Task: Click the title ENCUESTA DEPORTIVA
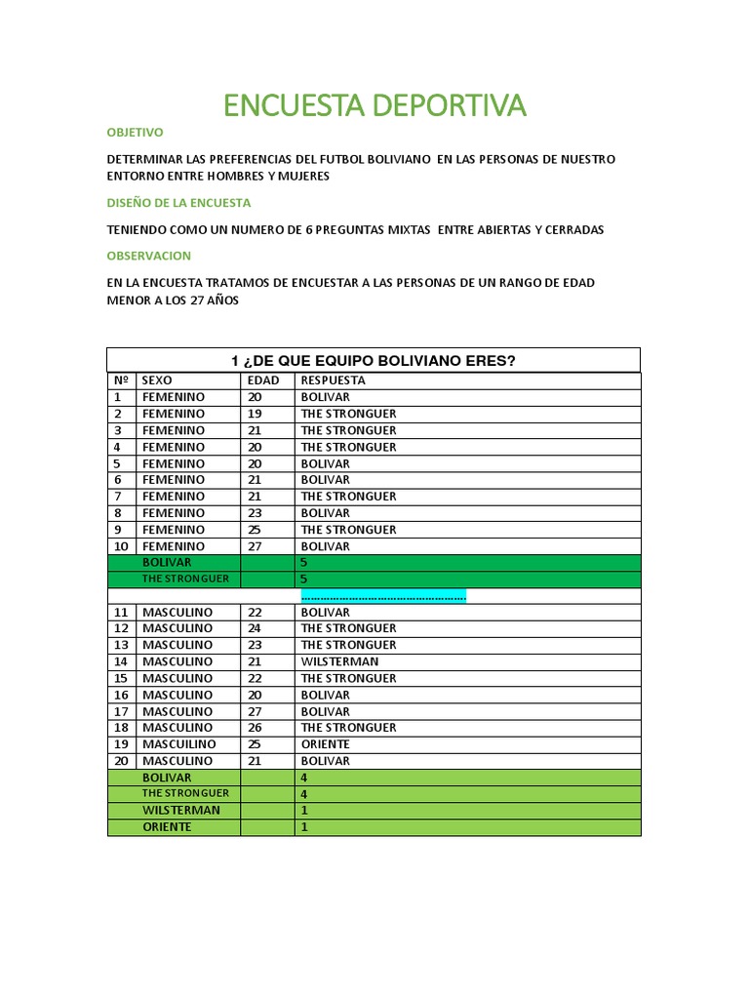point(374,105)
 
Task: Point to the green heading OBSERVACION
point(148,256)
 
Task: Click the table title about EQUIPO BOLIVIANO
point(373,360)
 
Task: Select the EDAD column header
point(263,380)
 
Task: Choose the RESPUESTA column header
point(333,380)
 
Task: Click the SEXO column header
point(157,380)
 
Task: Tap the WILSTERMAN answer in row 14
point(339,661)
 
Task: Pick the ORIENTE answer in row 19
point(325,744)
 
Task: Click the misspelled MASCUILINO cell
point(179,744)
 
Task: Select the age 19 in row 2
point(255,414)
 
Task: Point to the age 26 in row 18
point(255,728)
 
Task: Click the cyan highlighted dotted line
point(383,596)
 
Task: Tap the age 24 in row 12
point(255,628)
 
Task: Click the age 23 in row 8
point(255,513)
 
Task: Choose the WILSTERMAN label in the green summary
point(180,811)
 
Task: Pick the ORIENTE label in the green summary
point(167,827)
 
